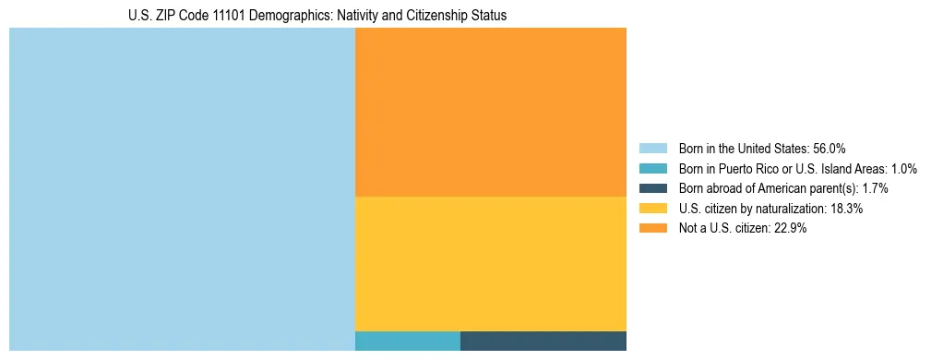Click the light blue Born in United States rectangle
(182, 189)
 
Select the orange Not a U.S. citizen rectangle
(490, 112)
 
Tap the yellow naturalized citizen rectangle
(490, 263)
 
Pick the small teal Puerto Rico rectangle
(407, 341)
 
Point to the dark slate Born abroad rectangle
(543, 341)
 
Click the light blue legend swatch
(652, 148)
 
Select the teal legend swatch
(652, 168)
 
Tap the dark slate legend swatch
(652, 188)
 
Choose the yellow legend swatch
(652, 209)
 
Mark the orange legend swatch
(652, 229)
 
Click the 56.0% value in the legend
(830, 148)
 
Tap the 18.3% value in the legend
(846, 209)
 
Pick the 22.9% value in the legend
(791, 229)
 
